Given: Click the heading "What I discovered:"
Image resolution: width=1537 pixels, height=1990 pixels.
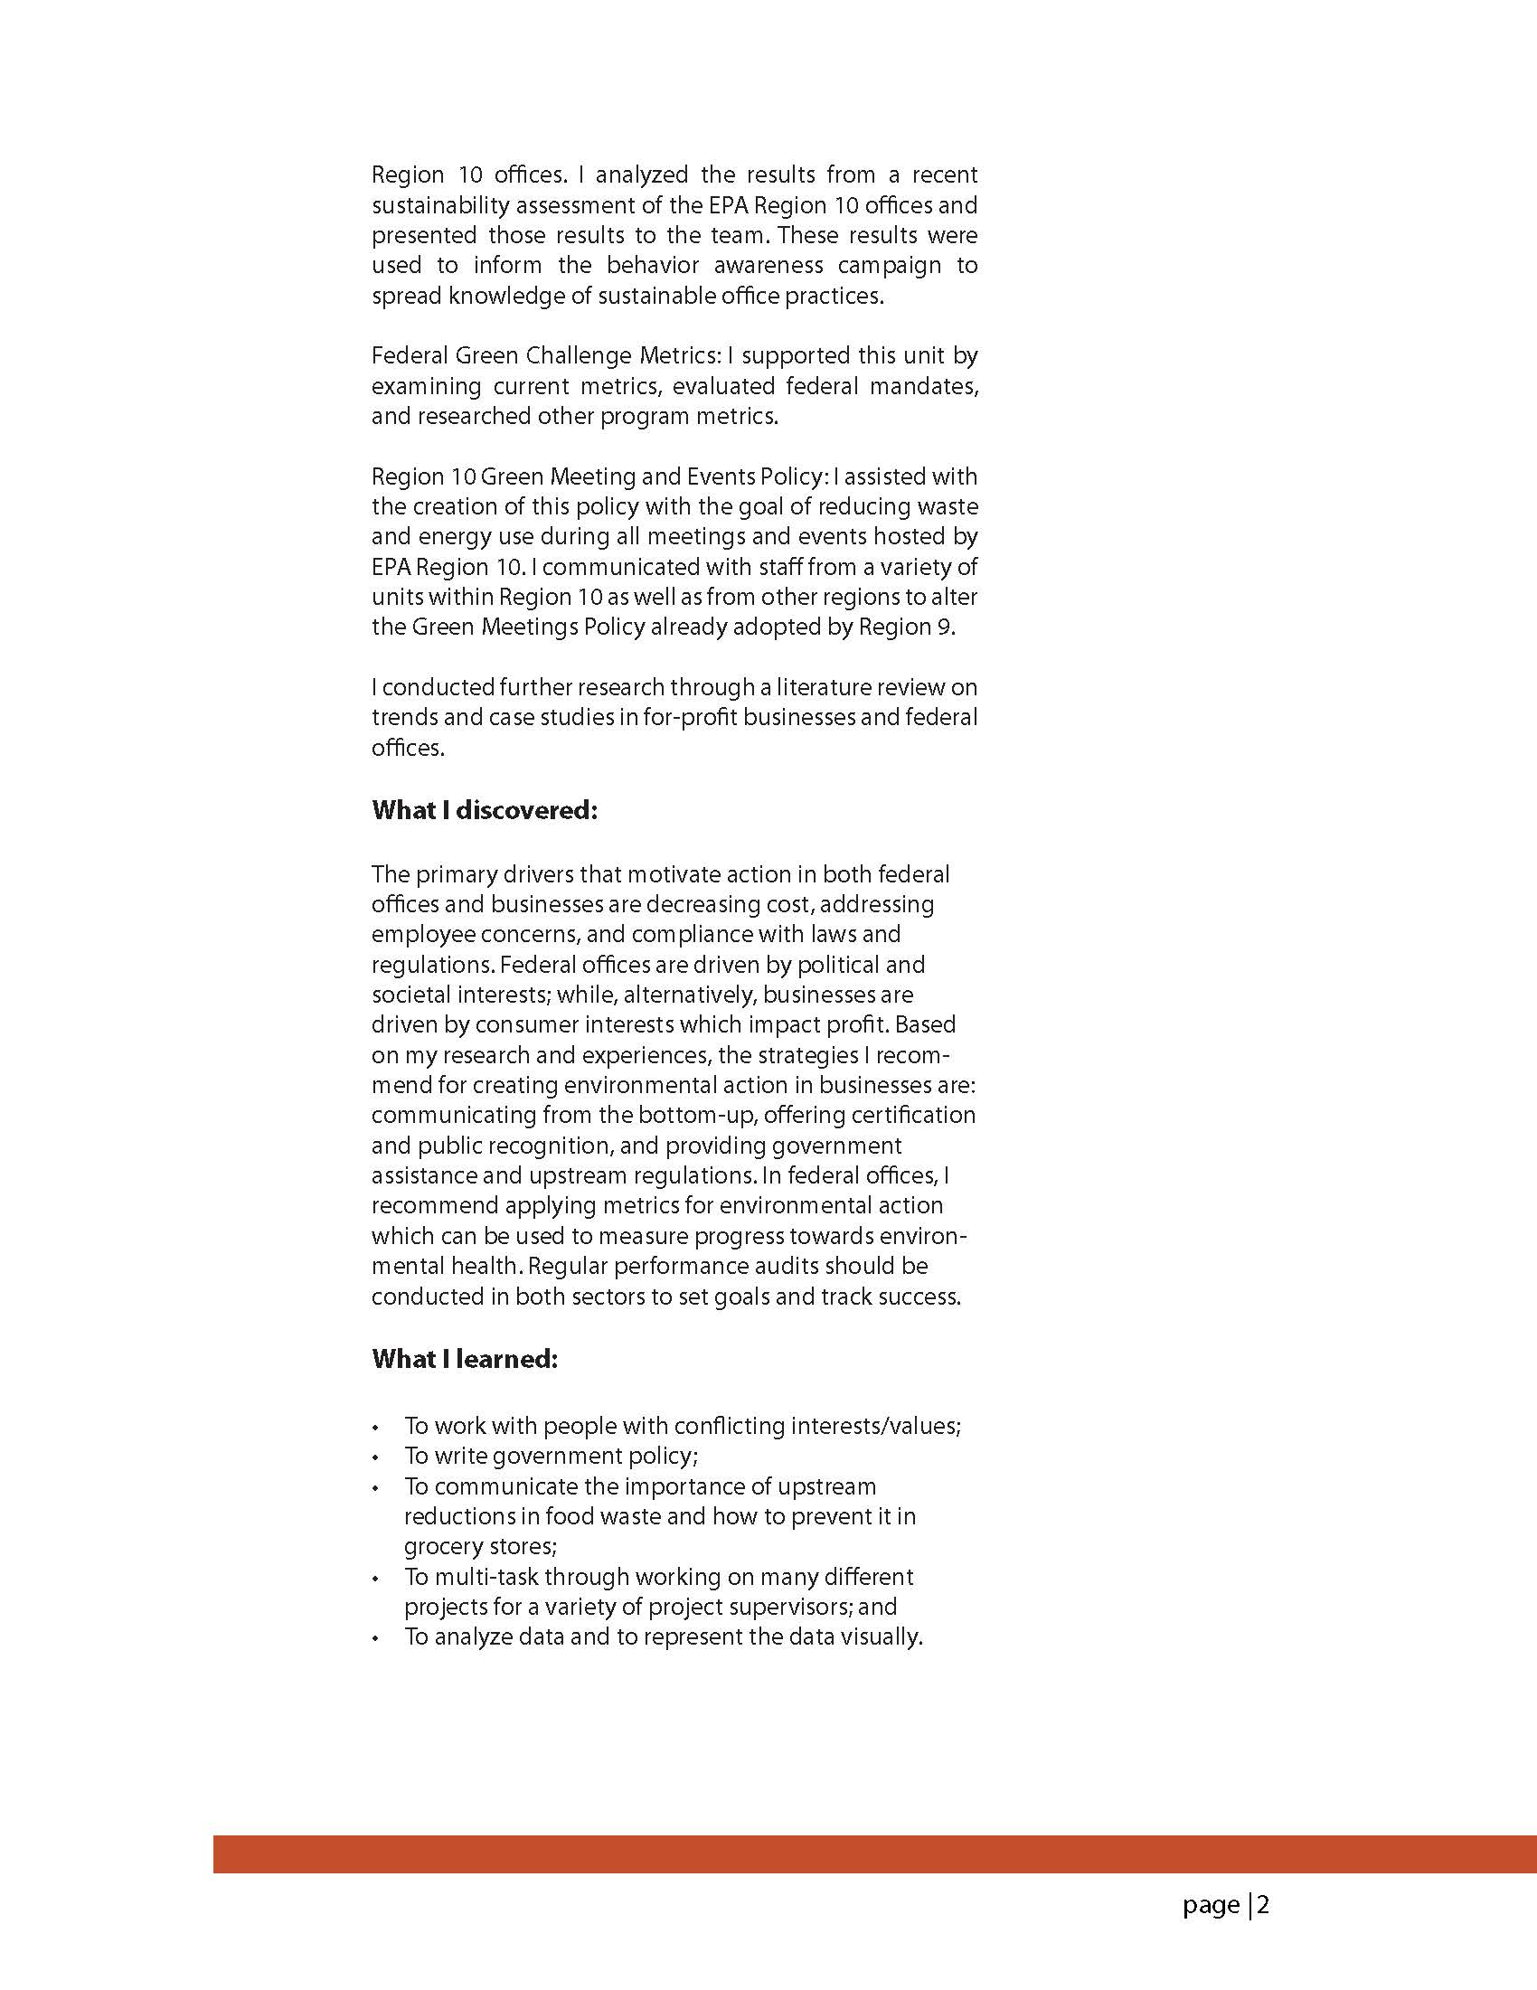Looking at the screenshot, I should point(484,810).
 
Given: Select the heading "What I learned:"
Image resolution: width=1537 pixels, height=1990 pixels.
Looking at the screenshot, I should point(465,1359).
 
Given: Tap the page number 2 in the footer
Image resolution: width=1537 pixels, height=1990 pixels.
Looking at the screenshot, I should point(1263,1904).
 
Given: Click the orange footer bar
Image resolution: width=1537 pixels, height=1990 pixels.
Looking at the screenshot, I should point(874,1853).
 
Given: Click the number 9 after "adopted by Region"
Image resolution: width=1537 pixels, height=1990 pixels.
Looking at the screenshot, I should point(945,627).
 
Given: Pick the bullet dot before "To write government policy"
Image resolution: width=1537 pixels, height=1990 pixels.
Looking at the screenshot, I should point(375,1457).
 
